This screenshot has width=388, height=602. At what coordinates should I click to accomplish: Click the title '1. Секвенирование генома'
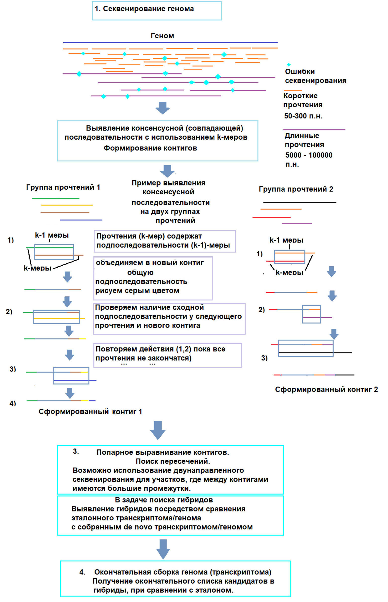tap(144, 9)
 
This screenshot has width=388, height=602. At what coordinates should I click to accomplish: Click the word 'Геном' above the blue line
tap(162, 36)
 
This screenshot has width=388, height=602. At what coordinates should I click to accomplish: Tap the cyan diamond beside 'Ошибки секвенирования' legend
tap(289, 65)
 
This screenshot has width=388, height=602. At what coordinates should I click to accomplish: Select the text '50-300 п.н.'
tap(303, 116)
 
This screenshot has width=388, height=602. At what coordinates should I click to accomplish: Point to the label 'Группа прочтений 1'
tap(63, 187)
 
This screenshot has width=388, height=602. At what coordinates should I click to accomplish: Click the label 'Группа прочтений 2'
tap(296, 189)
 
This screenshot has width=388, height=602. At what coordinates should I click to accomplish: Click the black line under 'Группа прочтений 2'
tap(300, 202)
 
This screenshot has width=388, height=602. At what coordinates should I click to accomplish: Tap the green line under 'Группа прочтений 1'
tap(55, 199)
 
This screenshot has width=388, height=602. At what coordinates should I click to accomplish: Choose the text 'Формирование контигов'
tap(150, 148)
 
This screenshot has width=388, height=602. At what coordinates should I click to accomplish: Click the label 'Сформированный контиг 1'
tap(90, 412)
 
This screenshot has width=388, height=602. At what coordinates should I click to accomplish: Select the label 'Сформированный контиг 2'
tap(326, 389)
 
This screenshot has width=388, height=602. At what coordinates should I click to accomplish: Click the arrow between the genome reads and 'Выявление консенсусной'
tap(163, 108)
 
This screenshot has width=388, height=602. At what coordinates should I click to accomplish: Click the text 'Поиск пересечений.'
tap(173, 461)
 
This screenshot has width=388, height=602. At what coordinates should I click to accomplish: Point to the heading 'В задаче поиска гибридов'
tap(164, 500)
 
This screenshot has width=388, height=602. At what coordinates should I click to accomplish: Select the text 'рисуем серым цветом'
tap(137, 290)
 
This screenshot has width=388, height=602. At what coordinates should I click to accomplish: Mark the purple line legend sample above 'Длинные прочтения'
tap(314, 130)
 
